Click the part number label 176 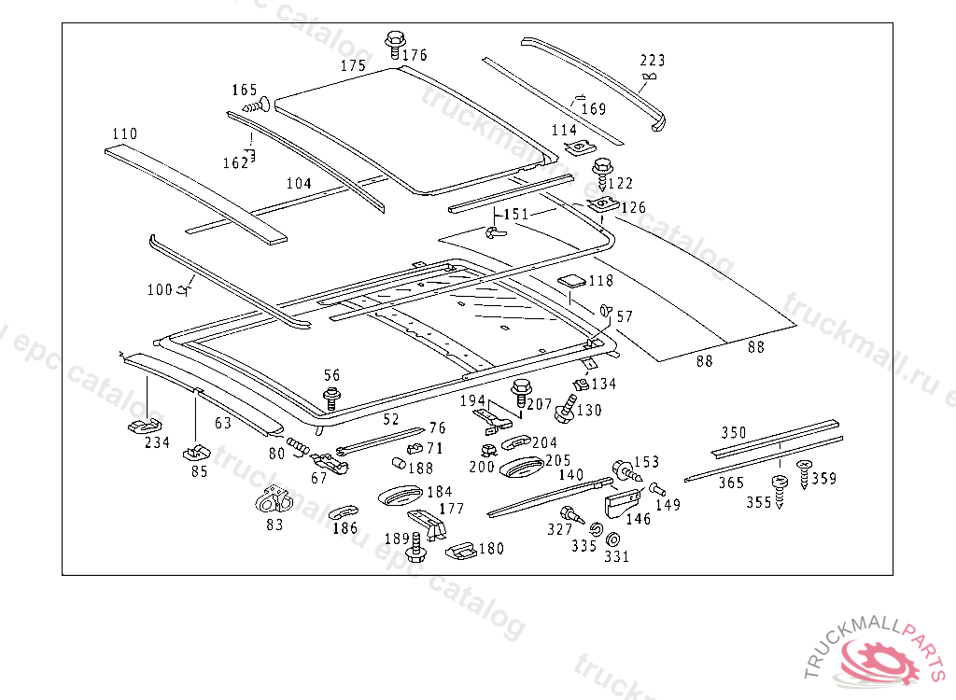tap(415, 55)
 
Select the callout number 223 tap(653, 62)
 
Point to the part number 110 tap(124, 133)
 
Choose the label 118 tap(600, 281)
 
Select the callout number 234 tap(157, 442)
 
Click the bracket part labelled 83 tap(275, 501)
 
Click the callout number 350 tap(734, 433)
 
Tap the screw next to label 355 tap(779, 488)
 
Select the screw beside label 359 tap(804, 470)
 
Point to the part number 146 tap(639, 519)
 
